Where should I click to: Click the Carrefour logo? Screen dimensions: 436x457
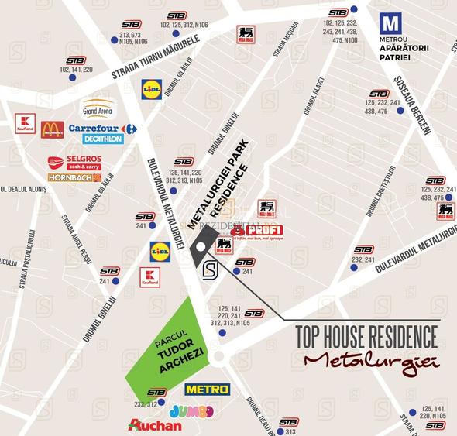[x=102, y=129]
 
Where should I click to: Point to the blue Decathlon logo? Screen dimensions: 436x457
[x=102, y=139]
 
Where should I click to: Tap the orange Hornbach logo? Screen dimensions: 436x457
[x=74, y=177]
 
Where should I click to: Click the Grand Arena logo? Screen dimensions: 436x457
[x=98, y=107]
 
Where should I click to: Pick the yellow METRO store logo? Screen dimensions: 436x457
[x=207, y=389]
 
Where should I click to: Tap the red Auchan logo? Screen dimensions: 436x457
[x=155, y=425]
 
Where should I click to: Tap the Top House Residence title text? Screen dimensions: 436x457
[x=367, y=337]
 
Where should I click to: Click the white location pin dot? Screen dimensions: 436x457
[x=200, y=247]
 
